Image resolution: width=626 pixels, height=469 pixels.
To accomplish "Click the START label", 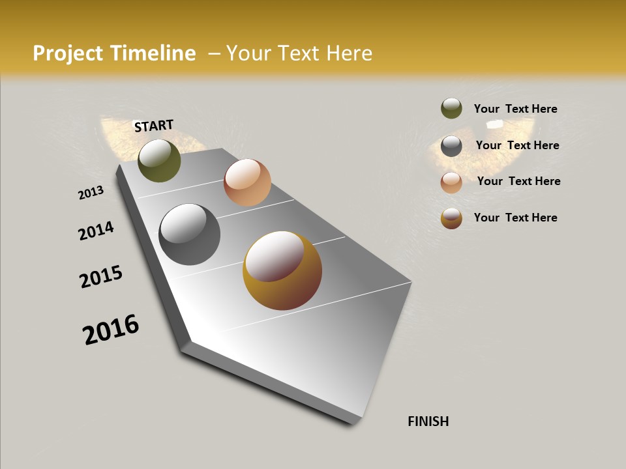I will pyautogui.click(x=154, y=126).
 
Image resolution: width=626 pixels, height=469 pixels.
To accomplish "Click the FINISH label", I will pyautogui.click(x=428, y=421).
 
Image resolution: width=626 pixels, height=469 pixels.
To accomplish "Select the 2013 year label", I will pyautogui.click(x=91, y=193).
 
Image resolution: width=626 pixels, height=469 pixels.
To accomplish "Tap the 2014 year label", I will pyautogui.click(x=96, y=231).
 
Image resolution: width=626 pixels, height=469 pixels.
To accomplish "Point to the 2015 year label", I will pyautogui.click(x=101, y=277).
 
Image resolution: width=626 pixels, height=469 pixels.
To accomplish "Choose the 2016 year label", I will pyautogui.click(x=111, y=330).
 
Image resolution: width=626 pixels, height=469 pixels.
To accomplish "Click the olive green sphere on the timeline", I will pyautogui.click(x=159, y=160).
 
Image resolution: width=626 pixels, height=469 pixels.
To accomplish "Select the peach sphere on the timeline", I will pyautogui.click(x=247, y=182).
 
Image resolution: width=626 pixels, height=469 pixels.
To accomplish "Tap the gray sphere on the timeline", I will pyautogui.click(x=189, y=234).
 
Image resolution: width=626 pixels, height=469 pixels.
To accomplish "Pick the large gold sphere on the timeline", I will pyautogui.click(x=282, y=270).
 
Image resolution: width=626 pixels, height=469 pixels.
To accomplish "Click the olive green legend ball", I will pyautogui.click(x=451, y=108).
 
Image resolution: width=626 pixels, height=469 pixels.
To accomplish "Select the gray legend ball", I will pyautogui.click(x=451, y=146).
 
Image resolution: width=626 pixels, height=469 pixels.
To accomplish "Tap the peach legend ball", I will pyautogui.click(x=451, y=182).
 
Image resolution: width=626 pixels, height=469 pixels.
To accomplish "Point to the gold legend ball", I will pyautogui.click(x=451, y=218).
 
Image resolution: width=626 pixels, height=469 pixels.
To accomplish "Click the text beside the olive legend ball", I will pyautogui.click(x=515, y=109).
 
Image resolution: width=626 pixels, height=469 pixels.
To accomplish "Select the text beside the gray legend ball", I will pyautogui.click(x=517, y=145).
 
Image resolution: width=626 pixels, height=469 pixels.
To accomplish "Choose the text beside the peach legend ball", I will pyautogui.click(x=518, y=181).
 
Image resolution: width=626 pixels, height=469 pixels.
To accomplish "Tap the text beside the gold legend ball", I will pyautogui.click(x=515, y=218).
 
